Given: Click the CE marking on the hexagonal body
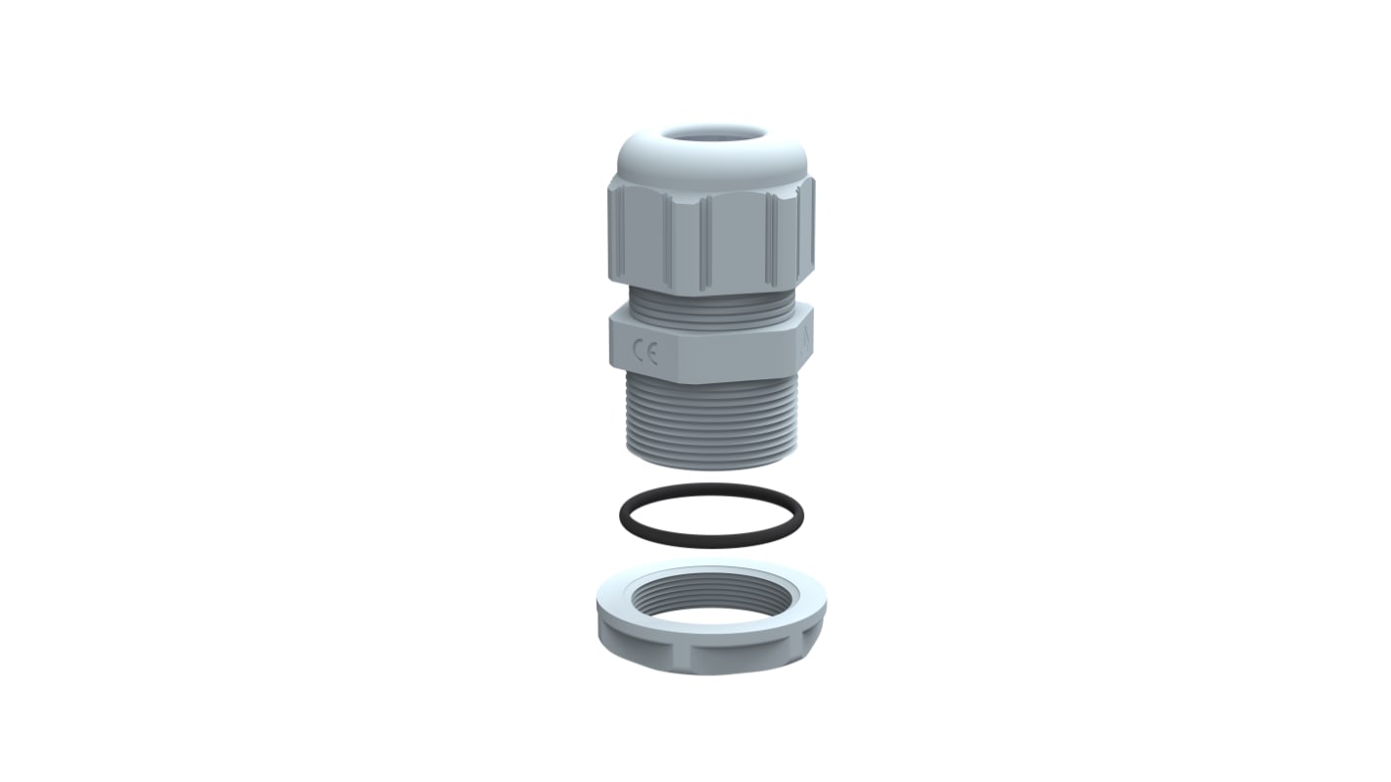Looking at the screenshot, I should tap(645, 353).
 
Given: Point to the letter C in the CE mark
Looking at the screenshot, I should tap(638, 353).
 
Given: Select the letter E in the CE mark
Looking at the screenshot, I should tap(651, 353).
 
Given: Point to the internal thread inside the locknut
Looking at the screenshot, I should tap(711, 592).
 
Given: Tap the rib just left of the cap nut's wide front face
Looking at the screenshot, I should tap(701, 240).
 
